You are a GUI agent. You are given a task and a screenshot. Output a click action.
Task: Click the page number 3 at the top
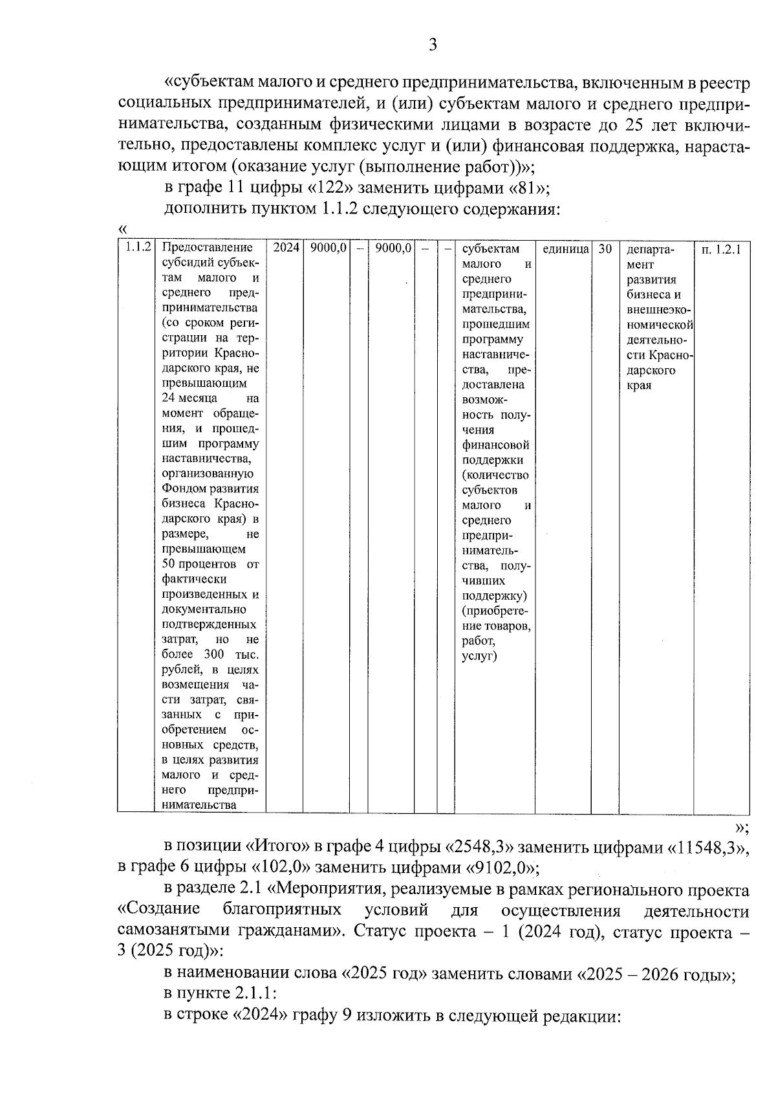pyautogui.click(x=433, y=45)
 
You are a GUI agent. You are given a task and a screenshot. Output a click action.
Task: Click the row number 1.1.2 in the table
pyautogui.click(x=138, y=248)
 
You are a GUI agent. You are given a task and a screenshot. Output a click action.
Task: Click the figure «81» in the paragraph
pyautogui.click(x=528, y=188)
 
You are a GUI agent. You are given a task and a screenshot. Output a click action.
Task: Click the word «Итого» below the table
pyautogui.click(x=277, y=847)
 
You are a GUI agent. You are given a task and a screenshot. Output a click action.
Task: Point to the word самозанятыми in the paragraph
pyautogui.click(x=175, y=932)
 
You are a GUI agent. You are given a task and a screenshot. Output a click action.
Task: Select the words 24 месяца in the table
pyautogui.click(x=189, y=398)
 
